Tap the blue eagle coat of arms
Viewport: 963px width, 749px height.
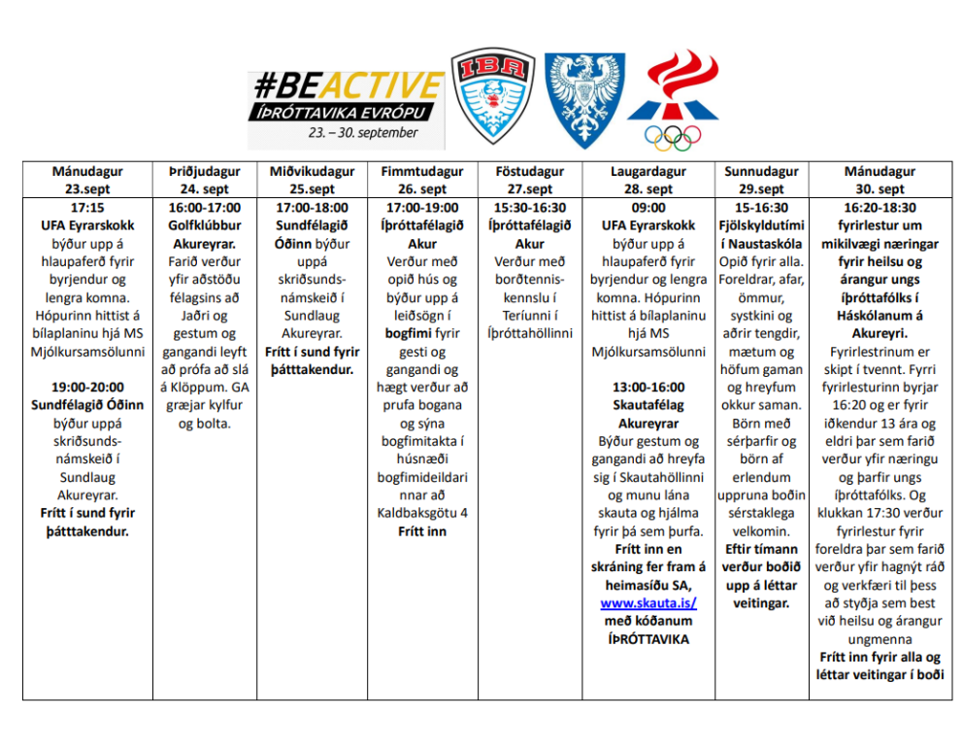(583, 100)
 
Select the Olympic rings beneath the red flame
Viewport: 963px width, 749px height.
(673, 139)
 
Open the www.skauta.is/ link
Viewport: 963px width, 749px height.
(648, 602)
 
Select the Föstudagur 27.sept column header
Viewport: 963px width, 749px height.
(530, 181)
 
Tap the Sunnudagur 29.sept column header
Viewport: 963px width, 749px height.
(761, 181)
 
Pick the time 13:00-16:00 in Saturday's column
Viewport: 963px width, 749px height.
(648, 387)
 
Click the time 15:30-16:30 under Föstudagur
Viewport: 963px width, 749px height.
(530, 208)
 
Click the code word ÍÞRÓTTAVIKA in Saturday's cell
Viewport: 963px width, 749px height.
(648, 639)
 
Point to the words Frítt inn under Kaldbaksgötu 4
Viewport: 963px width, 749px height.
(422, 531)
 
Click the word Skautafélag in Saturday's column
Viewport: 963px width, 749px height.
(648, 405)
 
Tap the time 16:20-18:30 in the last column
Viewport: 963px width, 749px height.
(880, 208)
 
